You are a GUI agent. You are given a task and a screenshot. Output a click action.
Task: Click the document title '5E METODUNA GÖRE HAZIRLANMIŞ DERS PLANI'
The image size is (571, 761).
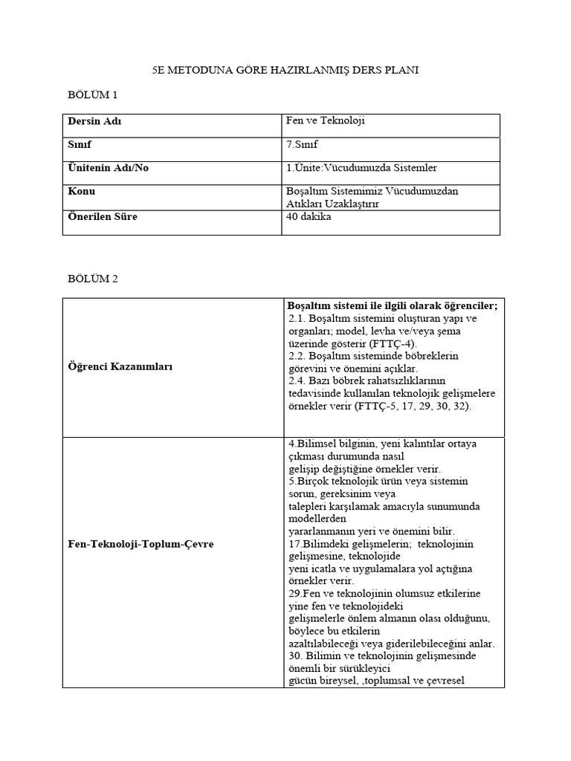pos(285,71)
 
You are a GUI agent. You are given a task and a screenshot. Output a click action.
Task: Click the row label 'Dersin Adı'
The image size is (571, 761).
pos(94,121)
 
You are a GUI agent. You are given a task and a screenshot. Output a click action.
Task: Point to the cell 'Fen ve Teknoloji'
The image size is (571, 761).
pos(326,120)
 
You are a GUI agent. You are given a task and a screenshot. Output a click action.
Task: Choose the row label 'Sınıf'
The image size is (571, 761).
pos(80,144)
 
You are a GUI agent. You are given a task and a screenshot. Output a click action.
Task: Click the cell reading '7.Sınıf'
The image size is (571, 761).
pos(302,144)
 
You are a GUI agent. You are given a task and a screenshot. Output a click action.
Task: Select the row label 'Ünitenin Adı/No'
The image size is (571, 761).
pos(108,168)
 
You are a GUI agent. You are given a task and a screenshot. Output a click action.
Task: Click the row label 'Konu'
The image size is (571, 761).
pos(81,192)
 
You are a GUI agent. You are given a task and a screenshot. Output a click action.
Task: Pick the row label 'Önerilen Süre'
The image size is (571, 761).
pos(103,217)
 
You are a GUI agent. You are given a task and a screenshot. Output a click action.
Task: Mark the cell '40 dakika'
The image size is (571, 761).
pos(309,217)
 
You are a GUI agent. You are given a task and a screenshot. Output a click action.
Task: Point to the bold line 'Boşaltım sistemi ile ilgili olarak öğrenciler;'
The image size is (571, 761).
pos(393,305)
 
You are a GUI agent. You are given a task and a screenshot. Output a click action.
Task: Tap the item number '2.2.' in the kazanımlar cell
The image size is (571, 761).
pos(296,356)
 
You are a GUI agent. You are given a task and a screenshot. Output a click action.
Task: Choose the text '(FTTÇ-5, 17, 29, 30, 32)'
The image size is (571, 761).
pos(413,407)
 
